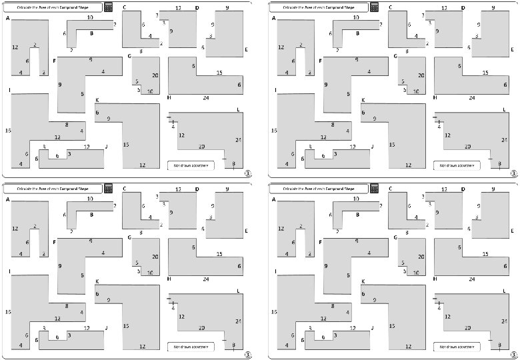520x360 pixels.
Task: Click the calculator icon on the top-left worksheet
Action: tap(109, 7)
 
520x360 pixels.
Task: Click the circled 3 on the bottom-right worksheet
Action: tap(513, 353)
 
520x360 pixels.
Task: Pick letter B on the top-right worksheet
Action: tap(357, 33)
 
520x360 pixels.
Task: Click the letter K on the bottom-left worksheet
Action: tap(97, 282)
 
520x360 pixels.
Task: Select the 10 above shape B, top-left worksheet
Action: tap(90, 18)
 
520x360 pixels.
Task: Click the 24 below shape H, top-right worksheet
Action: tap(471, 97)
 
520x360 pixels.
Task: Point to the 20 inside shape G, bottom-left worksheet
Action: tap(155, 257)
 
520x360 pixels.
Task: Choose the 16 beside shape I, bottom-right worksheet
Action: tap(273, 311)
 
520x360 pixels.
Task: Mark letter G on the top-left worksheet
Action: tap(129, 56)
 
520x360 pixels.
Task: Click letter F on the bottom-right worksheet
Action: tap(320, 241)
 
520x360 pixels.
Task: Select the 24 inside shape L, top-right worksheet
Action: tap(505, 139)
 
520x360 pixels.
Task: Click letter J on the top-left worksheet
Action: tap(106, 147)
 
